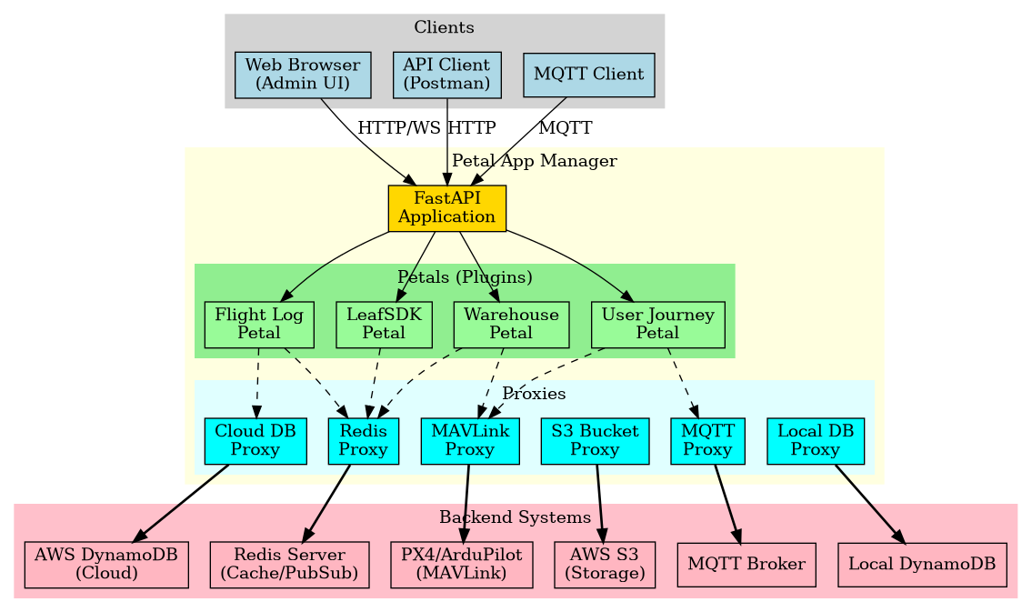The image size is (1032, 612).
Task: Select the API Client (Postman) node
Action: tap(447, 75)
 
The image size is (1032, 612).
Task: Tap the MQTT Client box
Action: tap(588, 75)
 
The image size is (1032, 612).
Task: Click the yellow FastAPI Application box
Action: tap(446, 208)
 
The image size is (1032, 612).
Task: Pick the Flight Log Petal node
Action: tap(259, 325)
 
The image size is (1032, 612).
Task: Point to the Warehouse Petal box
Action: tap(510, 325)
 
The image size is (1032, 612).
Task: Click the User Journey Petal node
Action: tap(657, 325)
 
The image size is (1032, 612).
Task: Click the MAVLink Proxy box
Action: tap(470, 441)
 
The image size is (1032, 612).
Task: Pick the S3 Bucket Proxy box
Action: tap(595, 441)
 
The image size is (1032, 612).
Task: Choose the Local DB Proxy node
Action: tap(816, 441)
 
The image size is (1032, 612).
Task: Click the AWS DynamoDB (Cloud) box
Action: tap(106, 565)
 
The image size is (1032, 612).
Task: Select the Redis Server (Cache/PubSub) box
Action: tap(289, 565)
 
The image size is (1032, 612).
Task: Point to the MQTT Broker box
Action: tap(746, 565)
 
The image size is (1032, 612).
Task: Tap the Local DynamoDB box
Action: tap(922, 565)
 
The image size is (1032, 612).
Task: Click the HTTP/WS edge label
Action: tap(398, 127)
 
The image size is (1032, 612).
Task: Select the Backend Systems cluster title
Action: tap(515, 517)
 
